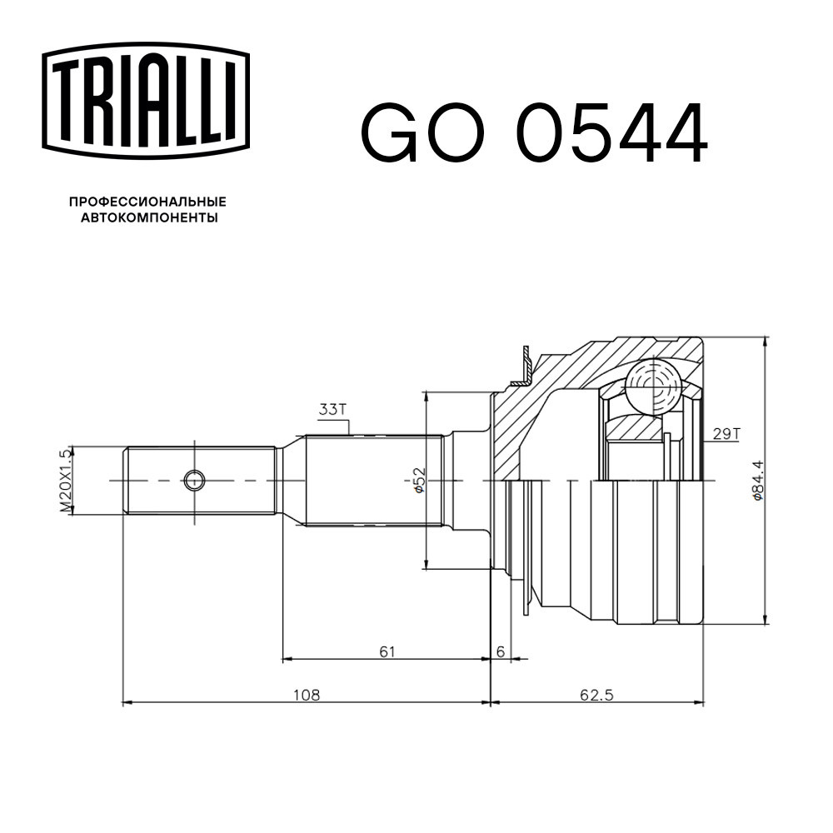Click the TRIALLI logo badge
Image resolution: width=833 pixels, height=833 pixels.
(x=146, y=101)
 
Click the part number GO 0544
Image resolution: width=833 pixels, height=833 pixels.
(x=535, y=132)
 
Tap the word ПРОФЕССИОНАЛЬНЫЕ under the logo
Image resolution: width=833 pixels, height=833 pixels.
(x=147, y=202)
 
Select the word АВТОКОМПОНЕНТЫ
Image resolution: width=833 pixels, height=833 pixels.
(x=149, y=217)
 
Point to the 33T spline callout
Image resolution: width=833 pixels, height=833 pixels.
(x=332, y=410)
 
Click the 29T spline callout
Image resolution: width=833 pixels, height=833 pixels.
(x=726, y=434)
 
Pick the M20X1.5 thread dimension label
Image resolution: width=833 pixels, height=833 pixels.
(x=65, y=481)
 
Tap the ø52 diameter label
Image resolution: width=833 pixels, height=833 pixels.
(x=419, y=480)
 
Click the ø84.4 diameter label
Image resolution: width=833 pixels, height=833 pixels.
(x=757, y=480)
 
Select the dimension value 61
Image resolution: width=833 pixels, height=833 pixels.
(x=387, y=651)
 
